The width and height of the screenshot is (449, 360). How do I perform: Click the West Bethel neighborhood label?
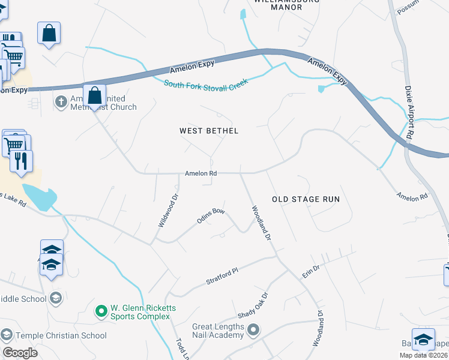[x=209, y=131]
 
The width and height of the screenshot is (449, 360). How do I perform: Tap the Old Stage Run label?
[x=306, y=199]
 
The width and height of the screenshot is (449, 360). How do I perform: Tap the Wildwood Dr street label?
[x=169, y=210]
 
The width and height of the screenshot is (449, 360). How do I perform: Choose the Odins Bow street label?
[x=211, y=216]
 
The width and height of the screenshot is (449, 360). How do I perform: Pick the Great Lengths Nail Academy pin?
[x=253, y=329]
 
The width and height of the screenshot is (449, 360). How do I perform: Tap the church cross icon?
[x=61, y=101]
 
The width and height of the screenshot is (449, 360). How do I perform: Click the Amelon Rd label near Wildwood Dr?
[x=200, y=173]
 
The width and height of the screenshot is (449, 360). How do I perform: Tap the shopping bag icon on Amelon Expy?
[x=94, y=95]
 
